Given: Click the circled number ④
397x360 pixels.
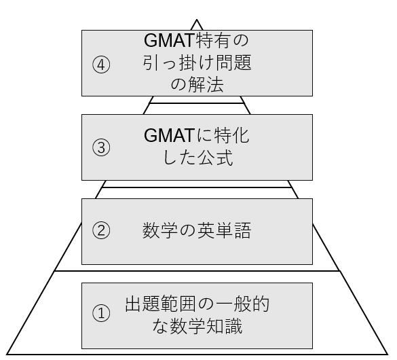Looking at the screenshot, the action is (x=101, y=65).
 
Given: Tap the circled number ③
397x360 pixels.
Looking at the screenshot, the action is (x=101, y=147).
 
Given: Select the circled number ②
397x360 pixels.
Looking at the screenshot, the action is (x=101, y=230).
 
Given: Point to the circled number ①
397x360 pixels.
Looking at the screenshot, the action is (x=101, y=313).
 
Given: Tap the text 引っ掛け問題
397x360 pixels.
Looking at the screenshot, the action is (x=197, y=62).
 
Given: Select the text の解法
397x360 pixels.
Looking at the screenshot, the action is (x=197, y=85).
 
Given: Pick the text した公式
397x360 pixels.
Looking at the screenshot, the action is (x=197, y=158).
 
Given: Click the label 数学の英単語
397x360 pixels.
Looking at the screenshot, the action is (x=197, y=230).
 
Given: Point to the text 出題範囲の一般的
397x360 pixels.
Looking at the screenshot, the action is (x=197, y=304).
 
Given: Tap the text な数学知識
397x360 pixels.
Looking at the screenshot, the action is (x=197, y=326).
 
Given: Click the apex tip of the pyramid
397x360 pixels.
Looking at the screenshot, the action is (x=197, y=20).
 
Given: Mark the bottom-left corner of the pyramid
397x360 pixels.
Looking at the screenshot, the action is (x=7, y=354).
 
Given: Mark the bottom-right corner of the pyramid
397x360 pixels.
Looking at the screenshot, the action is (x=387, y=354).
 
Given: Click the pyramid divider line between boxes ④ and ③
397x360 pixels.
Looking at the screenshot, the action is (x=197, y=103).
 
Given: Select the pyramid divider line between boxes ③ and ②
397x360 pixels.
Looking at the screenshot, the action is (x=197, y=187).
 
